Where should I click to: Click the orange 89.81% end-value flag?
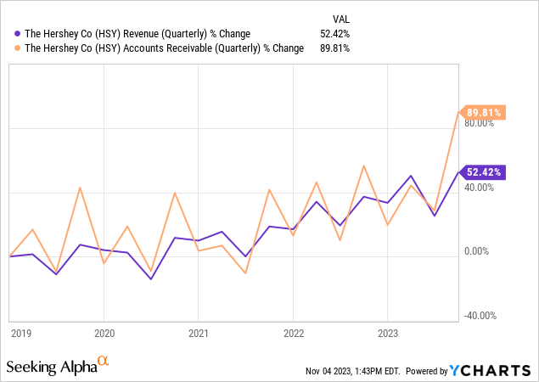click(x=484, y=112)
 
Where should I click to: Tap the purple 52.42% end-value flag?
click(x=484, y=172)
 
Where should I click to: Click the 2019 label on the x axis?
click(x=20, y=334)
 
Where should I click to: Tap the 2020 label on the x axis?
click(x=104, y=334)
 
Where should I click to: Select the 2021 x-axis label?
click(x=199, y=334)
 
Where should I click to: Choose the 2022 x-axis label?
click(x=293, y=334)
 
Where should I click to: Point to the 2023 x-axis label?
click(x=387, y=334)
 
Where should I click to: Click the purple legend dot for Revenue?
click(x=18, y=33)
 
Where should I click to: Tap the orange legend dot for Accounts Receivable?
click(x=18, y=48)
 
